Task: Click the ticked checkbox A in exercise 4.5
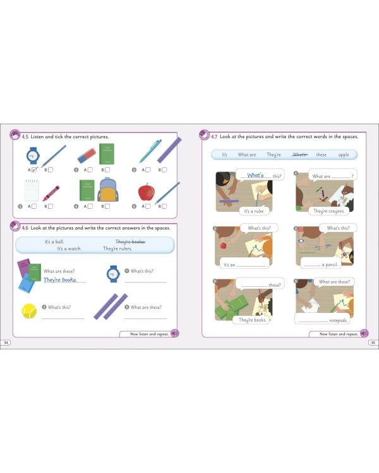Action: click(35, 170)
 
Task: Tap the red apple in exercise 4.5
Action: click(146, 193)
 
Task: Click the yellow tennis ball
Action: click(29, 310)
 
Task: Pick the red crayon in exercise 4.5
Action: click(51, 192)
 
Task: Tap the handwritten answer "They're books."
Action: click(64, 279)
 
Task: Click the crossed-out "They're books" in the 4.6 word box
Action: click(130, 242)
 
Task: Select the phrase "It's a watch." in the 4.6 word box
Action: click(70, 249)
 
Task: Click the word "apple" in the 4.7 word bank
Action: click(343, 155)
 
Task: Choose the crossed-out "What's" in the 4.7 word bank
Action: click(299, 155)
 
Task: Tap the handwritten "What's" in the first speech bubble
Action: click(255, 175)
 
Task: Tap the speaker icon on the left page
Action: click(175, 334)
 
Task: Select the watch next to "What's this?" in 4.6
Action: click(112, 273)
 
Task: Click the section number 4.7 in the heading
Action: click(215, 136)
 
